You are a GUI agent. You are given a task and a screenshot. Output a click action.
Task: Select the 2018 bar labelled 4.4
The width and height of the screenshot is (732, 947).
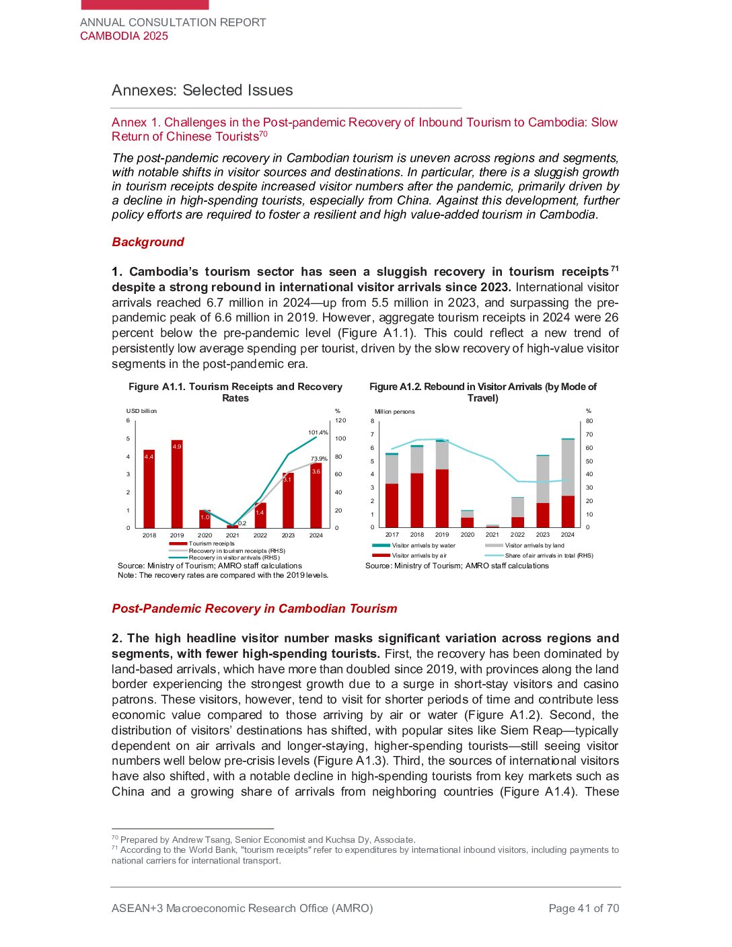point(149,488)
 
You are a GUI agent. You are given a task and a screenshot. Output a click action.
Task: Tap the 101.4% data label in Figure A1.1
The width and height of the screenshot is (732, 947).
point(318,432)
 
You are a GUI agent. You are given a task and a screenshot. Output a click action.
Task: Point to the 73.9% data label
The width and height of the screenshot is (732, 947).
point(319,459)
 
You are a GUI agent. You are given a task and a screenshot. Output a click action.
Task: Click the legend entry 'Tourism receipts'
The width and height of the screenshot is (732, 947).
point(211,543)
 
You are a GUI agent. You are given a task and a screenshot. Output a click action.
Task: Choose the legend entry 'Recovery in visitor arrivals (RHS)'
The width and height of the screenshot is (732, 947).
point(233,558)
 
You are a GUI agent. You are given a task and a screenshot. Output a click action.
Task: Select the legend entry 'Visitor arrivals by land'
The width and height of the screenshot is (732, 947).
point(534,545)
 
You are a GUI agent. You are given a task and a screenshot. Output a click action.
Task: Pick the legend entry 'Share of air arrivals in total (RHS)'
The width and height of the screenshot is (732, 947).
point(548,556)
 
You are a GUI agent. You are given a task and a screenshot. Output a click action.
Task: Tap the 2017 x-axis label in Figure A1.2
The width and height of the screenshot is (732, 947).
point(392,535)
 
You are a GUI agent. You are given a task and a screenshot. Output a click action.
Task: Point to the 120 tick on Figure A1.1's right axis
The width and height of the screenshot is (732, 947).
point(340,420)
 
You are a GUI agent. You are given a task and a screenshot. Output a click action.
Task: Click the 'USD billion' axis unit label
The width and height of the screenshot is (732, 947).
point(141,411)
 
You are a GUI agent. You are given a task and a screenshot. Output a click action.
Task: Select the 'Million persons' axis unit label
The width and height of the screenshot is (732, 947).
point(395,412)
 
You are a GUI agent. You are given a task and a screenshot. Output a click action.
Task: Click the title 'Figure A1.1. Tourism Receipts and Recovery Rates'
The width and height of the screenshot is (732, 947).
point(235,392)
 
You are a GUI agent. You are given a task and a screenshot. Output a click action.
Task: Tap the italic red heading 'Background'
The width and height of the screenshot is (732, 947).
point(148,242)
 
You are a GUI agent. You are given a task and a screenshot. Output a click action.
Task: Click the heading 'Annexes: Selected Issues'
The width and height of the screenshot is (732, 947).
point(203,90)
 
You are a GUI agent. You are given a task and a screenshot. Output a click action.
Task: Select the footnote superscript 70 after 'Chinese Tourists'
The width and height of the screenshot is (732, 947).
point(264,134)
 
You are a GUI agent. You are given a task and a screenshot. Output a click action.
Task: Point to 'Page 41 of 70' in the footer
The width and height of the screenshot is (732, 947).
point(583,909)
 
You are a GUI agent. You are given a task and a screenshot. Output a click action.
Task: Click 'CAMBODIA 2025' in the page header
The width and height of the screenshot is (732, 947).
point(124,36)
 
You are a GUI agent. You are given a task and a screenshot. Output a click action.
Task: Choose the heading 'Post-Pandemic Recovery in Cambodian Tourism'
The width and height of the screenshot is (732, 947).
point(254,609)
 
